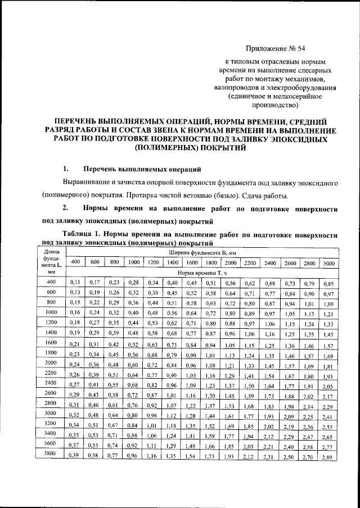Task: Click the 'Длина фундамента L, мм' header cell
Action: [x=51, y=262]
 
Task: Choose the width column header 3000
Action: [x=329, y=262]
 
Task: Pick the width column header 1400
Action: [x=173, y=262]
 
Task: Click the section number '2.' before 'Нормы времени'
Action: [x=66, y=208]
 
